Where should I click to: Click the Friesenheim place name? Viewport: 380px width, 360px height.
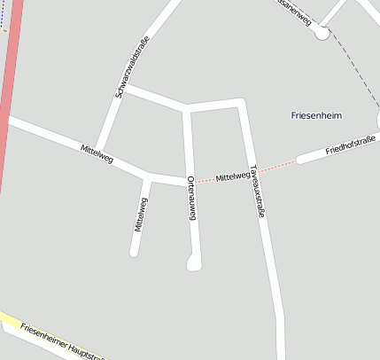pyautogui.click(x=316, y=115)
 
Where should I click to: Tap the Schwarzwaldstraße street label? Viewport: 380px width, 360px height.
pyautogui.click(x=131, y=67)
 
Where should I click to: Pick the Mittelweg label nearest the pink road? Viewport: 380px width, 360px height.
pyautogui.click(x=97, y=153)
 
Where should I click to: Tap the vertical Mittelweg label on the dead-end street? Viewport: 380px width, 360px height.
pyautogui.click(x=140, y=215)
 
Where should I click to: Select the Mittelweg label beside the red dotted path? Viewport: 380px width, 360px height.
pyautogui.click(x=232, y=176)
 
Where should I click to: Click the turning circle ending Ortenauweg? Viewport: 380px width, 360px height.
pyautogui.click(x=194, y=262)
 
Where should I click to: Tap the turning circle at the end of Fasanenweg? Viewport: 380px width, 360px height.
pyautogui.click(x=321, y=33)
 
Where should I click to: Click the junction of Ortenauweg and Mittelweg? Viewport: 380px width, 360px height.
pyautogui.click(x=189, y=180)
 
